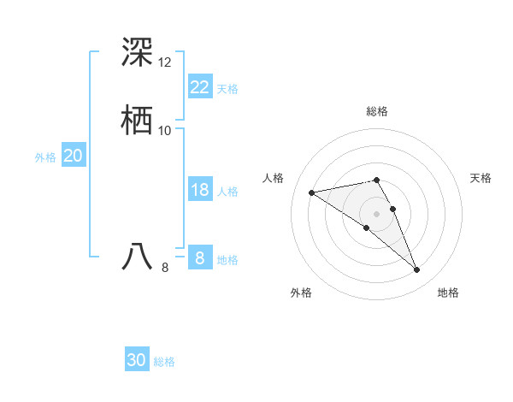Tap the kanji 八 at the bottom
(x=138, y=257)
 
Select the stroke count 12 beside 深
(x=165, y=62)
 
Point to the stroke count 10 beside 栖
(x=165, y=131)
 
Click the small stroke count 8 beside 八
(x=165, y=268)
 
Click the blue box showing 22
(x=199, y=87)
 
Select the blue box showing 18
(x=199, y=190)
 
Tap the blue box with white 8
(x=199, y=258)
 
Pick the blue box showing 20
(x=73, y=156)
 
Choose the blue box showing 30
(x=136, y=361)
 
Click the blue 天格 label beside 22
(x=227, y=88)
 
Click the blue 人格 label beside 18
(x=227, y=191)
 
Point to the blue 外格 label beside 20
(x=45, y=157)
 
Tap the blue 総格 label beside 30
(x=164, y=362)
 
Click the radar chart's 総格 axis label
(x=376, y=111)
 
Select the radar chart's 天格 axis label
(x=481, y=178)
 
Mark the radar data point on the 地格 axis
(x=417, y=270)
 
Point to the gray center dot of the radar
(x=376, y=213)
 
